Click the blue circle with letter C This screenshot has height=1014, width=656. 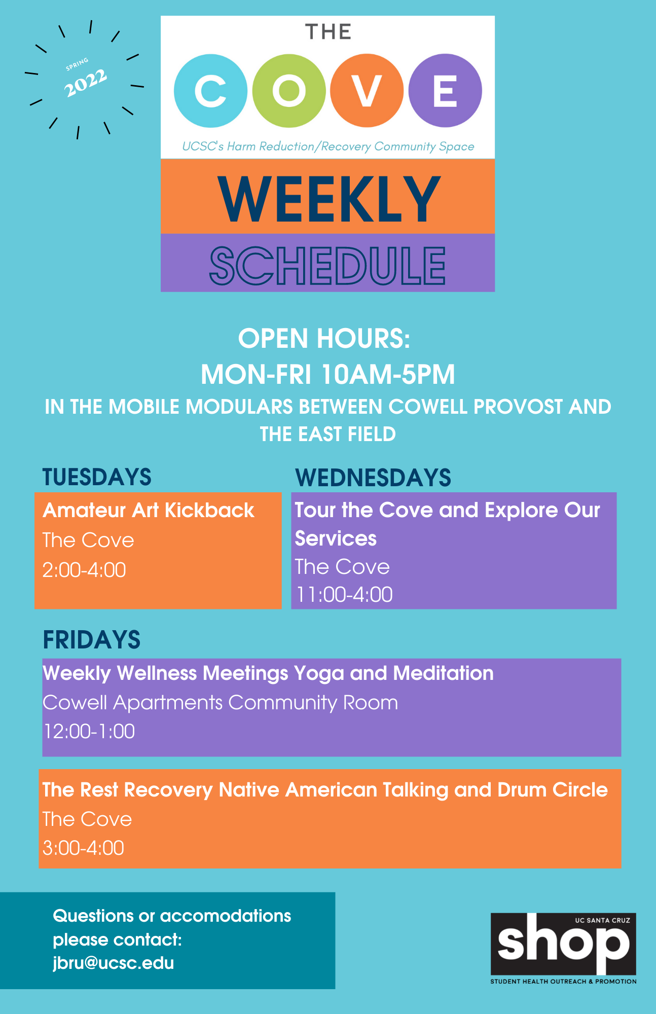click(210, 91)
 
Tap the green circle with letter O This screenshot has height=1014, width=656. click(289, 91)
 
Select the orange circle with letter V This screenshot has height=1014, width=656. click(367, 91)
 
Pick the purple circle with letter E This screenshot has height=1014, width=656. click(445, 91)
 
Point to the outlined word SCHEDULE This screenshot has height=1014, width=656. click(327, 265)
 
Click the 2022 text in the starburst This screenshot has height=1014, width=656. click(85, 83)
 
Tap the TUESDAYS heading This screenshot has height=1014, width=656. click(97, 477)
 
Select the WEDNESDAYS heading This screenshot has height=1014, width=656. click(373, 478)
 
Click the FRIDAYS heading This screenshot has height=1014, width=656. click(92, 640)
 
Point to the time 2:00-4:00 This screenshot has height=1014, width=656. click(84, 570)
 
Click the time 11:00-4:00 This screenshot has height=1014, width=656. click(344, 595)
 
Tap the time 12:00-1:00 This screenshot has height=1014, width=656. click(89, 732)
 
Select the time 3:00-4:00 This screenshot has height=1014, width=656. click(83, 848)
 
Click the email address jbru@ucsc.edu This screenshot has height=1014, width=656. click(114, 963)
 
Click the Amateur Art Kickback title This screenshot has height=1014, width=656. click(149, 511)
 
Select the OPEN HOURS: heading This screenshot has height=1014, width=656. click(324, 338)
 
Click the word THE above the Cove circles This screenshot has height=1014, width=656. click(329, 32)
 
